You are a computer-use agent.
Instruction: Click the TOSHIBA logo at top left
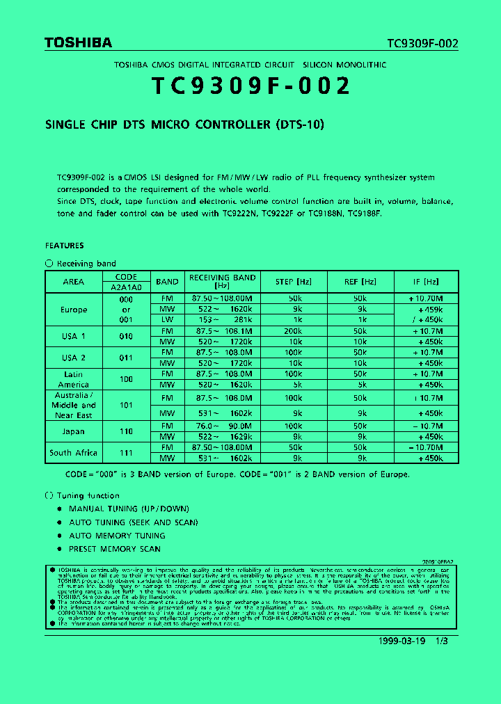click(78, 43)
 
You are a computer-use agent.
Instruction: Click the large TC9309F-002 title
click(250, 86)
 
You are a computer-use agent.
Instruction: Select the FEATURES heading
click(64, 246)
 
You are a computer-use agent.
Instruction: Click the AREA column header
click(73, 282)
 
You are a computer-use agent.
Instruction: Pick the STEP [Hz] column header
click(293, 282)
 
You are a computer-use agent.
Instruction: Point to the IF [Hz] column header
click(426, 282)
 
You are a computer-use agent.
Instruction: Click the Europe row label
click(73, 310)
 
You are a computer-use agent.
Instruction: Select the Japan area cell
click(73, 431)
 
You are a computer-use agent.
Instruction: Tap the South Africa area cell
click(73, 453)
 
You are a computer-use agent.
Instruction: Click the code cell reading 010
click(126, 337)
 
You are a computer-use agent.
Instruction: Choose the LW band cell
click(167, 320)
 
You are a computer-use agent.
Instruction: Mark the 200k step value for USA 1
click(293, 331)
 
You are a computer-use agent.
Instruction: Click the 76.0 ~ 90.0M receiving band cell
click(223, 426)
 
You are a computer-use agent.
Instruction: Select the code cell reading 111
click(126, 453)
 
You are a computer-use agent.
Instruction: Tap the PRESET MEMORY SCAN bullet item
click(114, 549)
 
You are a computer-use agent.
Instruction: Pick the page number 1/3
click(443, 641)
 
